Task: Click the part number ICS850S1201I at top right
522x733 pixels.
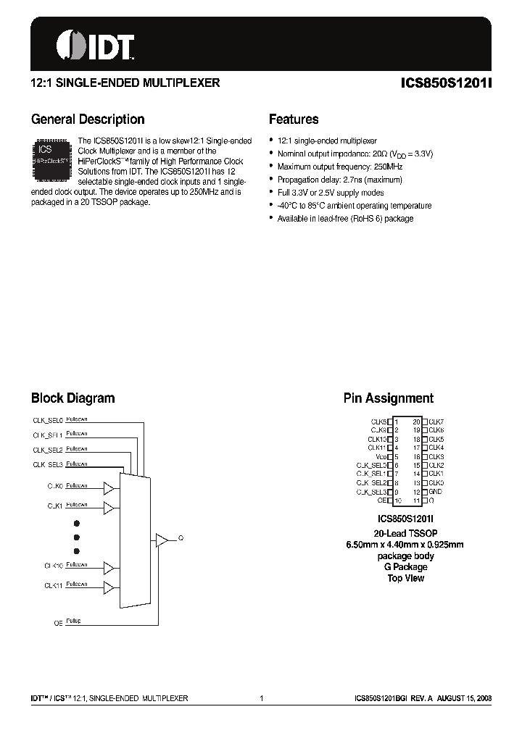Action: point(446,83)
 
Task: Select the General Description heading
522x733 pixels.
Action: point(88,120)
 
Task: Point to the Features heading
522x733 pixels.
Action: point(294,120)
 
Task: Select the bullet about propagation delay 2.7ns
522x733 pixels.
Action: point(339,180)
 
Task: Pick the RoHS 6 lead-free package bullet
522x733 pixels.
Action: point(345,219)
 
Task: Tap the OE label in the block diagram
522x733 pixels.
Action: point(59,621)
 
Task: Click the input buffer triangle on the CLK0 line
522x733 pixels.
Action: point(109,486)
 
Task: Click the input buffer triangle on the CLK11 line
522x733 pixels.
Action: point(109,586)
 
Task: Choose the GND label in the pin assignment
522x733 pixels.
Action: point(436,491)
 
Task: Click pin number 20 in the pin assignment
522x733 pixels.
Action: point(416,421)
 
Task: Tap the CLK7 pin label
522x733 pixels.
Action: point(436,421)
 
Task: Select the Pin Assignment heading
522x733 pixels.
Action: point(388,398)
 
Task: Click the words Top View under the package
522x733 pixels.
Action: point(405,578)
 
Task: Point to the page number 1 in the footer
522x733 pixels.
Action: point(260,698)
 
